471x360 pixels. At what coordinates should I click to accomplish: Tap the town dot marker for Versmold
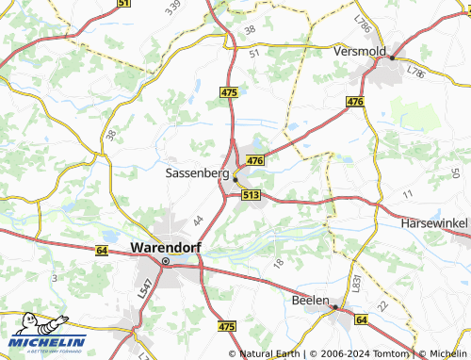pos(392,58)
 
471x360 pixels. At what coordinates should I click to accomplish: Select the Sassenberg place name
pos(197,173)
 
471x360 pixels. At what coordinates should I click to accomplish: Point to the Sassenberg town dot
pos(236,179)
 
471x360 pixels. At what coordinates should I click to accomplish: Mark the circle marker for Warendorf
pos(165,262)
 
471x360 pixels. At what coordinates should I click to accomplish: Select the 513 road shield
pos(250,194)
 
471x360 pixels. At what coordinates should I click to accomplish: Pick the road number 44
pos(198,221)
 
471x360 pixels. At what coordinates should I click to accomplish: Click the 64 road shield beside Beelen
pos(361,320)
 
